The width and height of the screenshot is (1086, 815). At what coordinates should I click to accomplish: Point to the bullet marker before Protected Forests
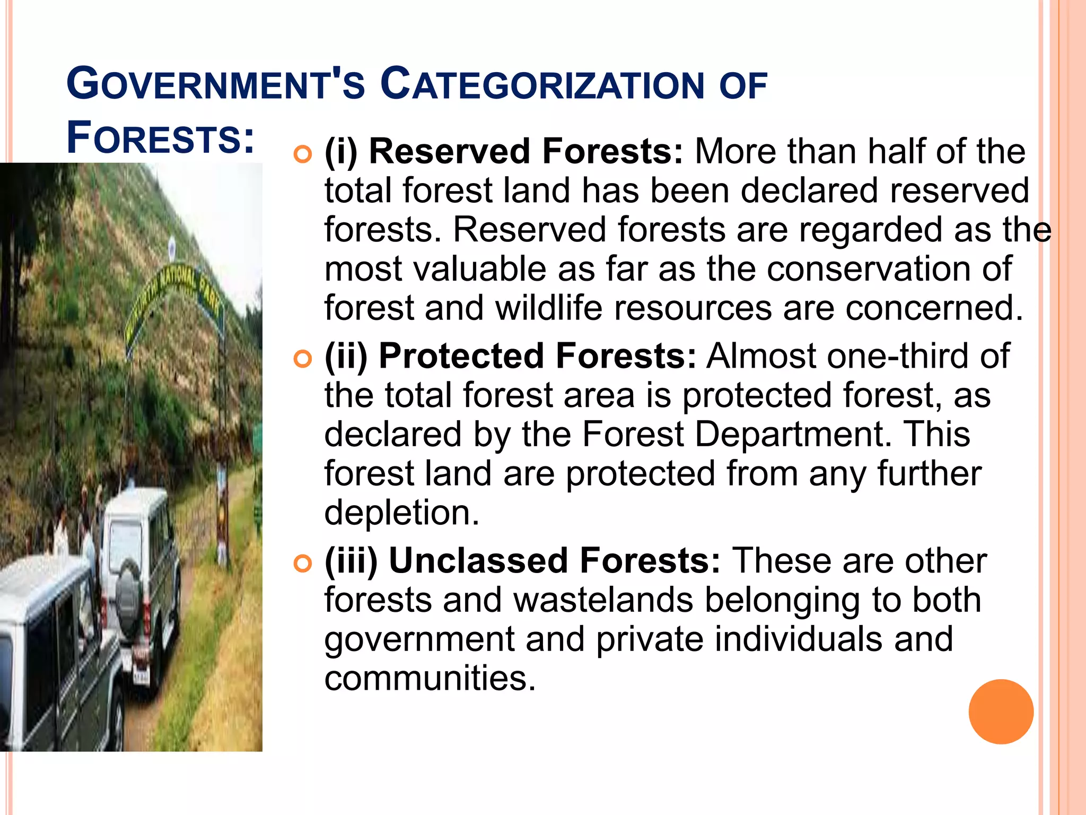click(303, 359)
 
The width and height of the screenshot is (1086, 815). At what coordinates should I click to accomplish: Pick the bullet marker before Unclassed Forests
click(303, 564)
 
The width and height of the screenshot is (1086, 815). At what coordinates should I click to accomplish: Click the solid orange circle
click(1001, 712)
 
